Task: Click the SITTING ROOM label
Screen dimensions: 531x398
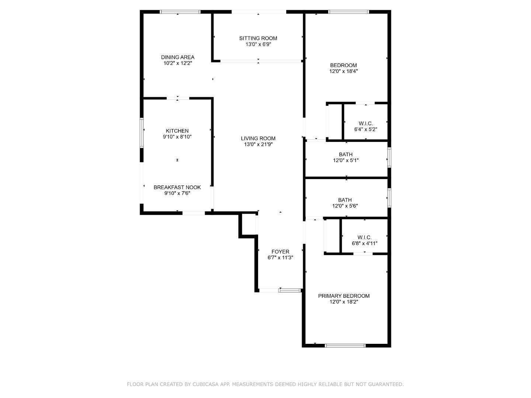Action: (258, 38)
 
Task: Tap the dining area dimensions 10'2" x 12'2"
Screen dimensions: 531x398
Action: (178, 63)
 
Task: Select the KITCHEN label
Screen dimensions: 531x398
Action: (177, 131)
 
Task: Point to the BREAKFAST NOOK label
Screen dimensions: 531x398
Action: (177, 187)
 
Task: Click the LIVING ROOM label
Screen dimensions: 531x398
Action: (258, 139)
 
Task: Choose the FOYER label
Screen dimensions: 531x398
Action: (280, 252)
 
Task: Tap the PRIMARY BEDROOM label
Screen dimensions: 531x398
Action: (344, 296)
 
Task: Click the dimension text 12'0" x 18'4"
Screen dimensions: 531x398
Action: (344, 71)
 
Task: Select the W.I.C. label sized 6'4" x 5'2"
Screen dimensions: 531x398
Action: (366, 123)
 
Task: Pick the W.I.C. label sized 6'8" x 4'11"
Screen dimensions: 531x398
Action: (365, 237)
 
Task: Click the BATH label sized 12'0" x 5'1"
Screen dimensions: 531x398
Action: (346, 154)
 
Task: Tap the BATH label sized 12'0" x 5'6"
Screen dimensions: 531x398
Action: (345, 200)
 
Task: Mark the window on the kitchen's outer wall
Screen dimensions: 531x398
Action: (142, 133)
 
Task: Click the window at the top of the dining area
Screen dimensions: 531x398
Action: (180, 11)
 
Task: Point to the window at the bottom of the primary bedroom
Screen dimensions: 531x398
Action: (345, 346)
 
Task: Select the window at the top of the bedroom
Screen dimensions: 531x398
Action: (348, 11)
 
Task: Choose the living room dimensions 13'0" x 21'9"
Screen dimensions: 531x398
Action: (258, 144)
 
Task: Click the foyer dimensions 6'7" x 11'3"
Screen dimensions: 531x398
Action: (280, 258)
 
